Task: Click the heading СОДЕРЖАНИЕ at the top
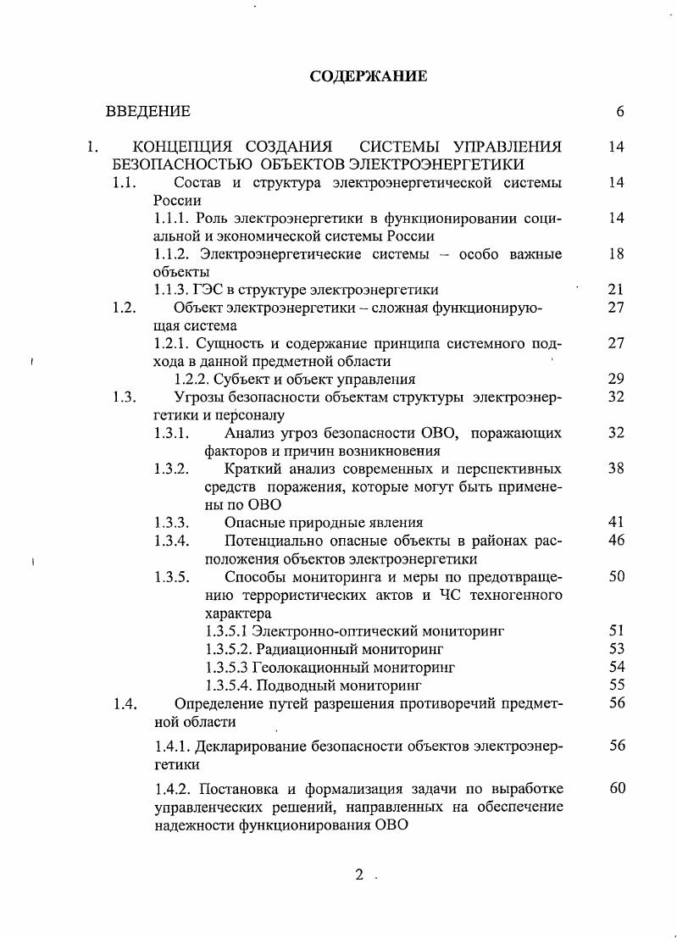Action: click(368, 76)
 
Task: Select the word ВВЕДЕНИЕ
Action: click(147, 112)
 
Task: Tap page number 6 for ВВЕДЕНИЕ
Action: click(619, 112)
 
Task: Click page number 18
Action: click(616, 254)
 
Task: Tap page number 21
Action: click(616, 290)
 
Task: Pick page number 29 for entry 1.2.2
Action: click(616, 379)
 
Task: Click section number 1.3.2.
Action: click(172, 469)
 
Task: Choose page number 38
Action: click(616, 469)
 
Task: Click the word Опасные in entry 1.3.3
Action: click(252, 522)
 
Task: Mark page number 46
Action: click(616, 540)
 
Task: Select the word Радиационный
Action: click(302, 649)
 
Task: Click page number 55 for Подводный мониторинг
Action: click(616, 685)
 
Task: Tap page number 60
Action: click(616, 789)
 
